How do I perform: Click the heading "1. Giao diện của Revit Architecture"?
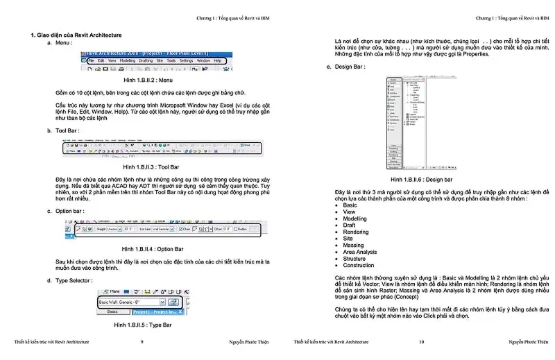pyautogui.click(x=76, y=35)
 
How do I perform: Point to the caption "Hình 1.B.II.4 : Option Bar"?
pyautogui.click(x=152, y=248)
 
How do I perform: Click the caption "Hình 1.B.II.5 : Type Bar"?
pyautogui.click(x=142, y=325)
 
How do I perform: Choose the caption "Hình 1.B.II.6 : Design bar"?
pyautogui.click(x=422, y=180)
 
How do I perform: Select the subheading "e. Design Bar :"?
pyautogui.click(x=346, y=67)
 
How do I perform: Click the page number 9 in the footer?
pyautogui.click(x=142, y=342)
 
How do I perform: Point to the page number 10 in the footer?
pyautogui.click(x=421, y=342)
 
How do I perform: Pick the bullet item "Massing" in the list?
pyautogui.click(x=353, y=245)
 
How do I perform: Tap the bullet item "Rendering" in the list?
pyautogui.click(x=356, y=232)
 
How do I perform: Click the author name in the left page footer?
pyautogui.click(x=250, y=342)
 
